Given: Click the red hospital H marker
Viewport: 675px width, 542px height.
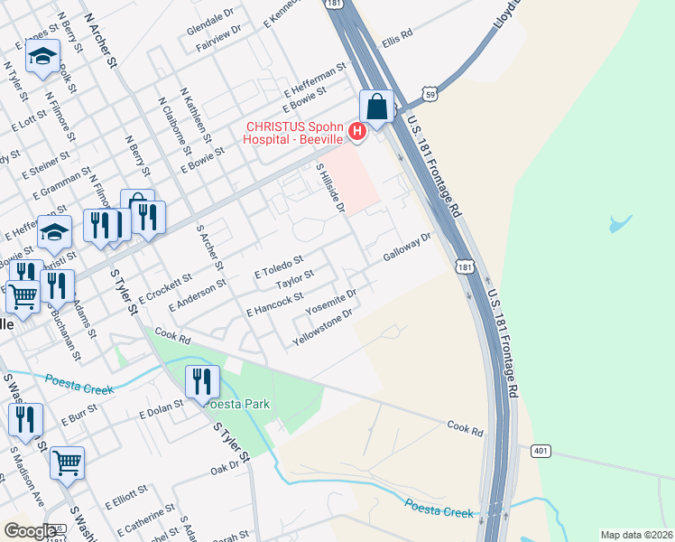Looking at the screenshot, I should (356, 133).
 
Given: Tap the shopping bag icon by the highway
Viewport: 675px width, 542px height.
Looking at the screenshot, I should (377, 107).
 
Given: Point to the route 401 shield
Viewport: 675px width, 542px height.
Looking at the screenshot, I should (541, 451).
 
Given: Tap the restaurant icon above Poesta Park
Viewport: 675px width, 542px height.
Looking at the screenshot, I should (202, 382).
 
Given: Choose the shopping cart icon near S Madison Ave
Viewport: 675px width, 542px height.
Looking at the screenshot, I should (67, 463).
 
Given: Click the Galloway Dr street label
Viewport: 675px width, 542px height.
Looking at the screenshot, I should (408, 245).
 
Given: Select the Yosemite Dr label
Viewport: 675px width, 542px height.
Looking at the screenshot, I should (331, 301).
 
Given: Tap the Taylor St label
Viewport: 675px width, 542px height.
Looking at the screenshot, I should (294, 280).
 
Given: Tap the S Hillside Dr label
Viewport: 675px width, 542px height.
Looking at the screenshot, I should (330, 188).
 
